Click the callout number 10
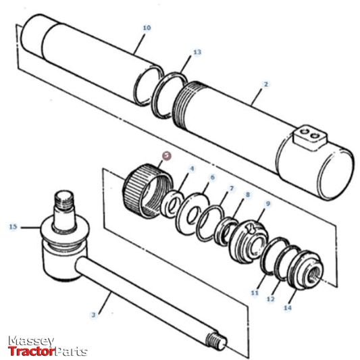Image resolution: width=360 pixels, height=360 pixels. click(147, 28)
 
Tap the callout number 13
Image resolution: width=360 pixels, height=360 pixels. click(197, 51)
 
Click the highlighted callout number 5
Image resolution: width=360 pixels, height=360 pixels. click(167, 155)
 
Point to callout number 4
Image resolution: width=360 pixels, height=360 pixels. click(192, 169)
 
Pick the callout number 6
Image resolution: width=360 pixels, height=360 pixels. click(212, 178)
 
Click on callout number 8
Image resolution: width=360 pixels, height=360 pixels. click(248, 195)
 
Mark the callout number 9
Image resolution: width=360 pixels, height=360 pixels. click(267, 203)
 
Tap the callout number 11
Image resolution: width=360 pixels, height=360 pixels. click(255, 293)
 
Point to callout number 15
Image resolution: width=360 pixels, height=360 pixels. click(13, 227)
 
